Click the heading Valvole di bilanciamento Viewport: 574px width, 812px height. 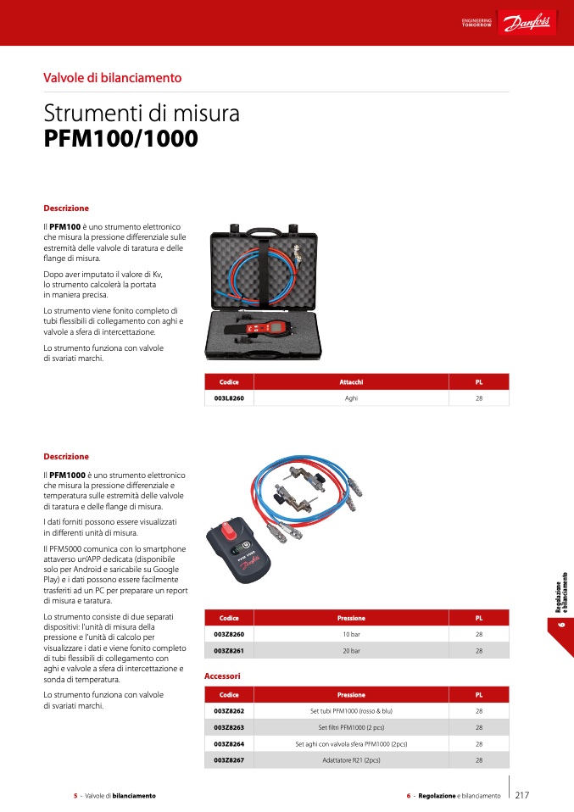click(113, 78)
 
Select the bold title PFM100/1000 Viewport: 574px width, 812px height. click(120, 139)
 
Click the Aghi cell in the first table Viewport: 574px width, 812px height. click(351, 397)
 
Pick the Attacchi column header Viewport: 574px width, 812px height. click(351, 382)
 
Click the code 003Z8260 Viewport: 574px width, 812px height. click(229, 634)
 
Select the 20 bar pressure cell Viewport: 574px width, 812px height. click(351, 651)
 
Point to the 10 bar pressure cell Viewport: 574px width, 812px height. click(351, 634)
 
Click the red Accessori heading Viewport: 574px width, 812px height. click(222, 676)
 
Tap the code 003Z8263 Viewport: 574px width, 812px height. click(229, 727)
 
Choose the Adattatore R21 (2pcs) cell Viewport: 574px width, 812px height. click(351, 760)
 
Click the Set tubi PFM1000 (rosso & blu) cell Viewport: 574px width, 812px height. click(351, 711)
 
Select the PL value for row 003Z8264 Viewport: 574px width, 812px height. click(479, 743)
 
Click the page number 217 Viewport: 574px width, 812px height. click(522, 795)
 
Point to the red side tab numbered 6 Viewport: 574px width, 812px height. click(560, 626)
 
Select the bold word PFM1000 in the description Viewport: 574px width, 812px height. click(65, 475)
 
